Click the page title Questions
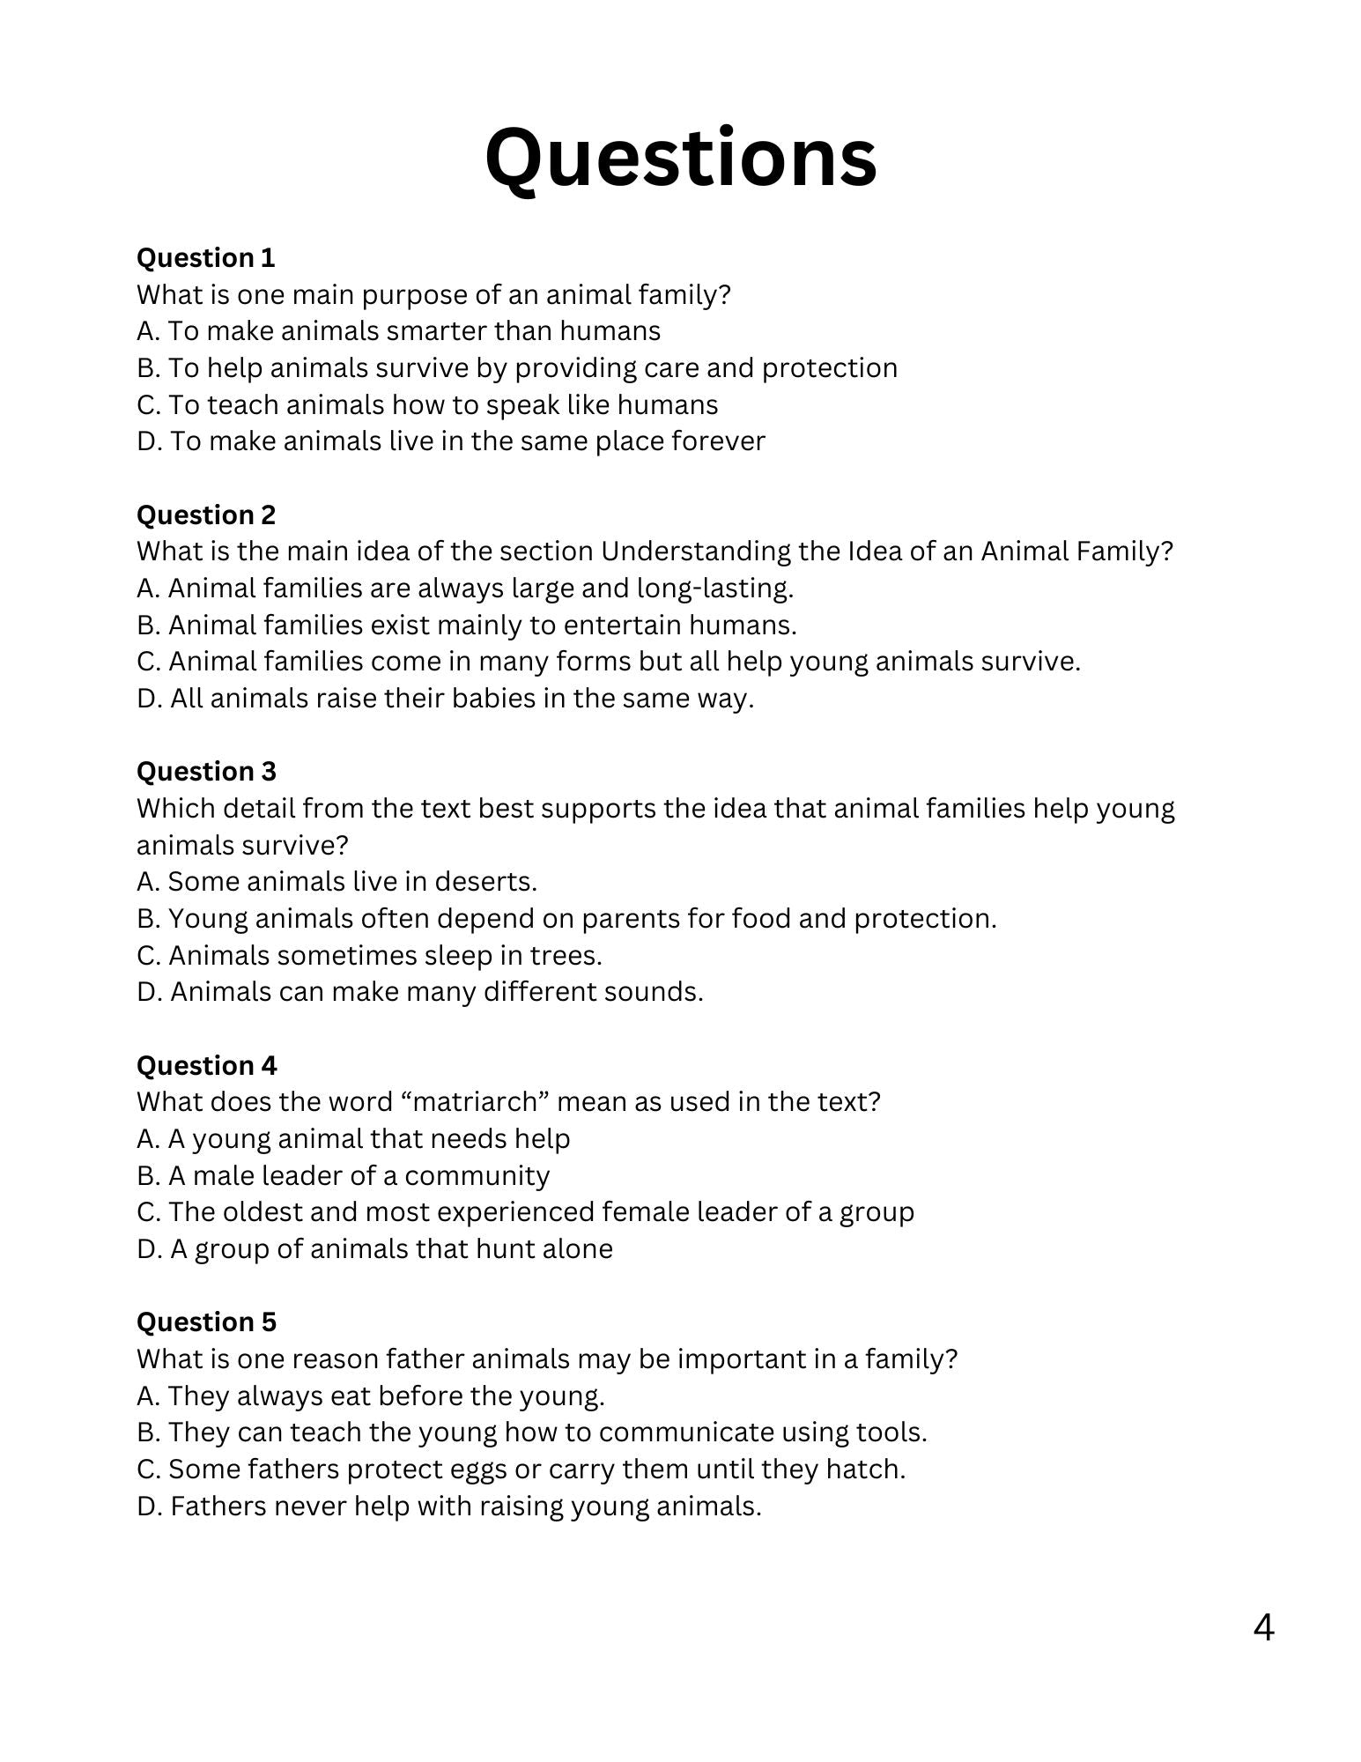pos(680,159)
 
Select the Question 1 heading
pos(205,258)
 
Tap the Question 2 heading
pos(205,515)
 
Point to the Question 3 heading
pos(205,772)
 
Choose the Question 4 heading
pos(206,1066)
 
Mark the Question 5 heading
pos(206,1322)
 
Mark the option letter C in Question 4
pos(147,1212)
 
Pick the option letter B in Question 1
pos(147,368)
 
